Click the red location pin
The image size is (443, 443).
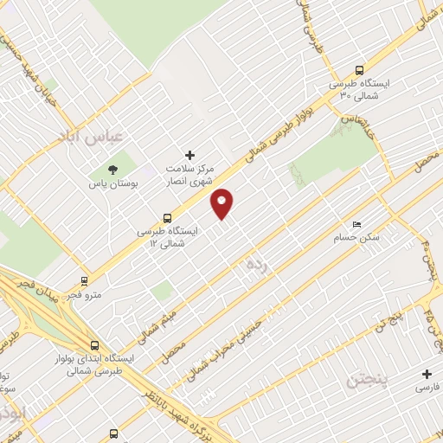coord(222,203)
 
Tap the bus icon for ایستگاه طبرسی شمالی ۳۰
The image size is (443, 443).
coord(360,70)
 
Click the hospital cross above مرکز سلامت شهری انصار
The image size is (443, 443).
coord(190,155)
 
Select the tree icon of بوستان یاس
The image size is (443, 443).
coord(112,170)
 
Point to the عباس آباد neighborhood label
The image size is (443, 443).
coord(91,137)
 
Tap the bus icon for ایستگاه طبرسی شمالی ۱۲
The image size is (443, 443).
coord(167,218)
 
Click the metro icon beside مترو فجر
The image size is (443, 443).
coord(84,281)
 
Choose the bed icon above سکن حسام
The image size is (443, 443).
coord(358,223)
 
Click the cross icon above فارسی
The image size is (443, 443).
coord(426,375)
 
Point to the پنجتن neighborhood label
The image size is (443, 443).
coord(369,380)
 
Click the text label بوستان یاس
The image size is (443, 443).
coord(113,184)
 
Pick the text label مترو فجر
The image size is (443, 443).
coord(88,295)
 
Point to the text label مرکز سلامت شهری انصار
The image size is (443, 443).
coord(190,176)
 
